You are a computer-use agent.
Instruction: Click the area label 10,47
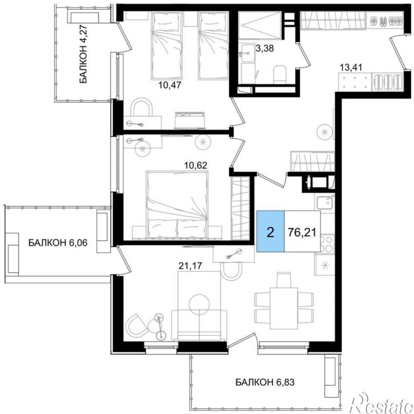point(170,85)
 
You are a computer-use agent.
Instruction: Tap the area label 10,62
point(196,166)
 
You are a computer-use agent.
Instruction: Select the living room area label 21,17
point(190,266)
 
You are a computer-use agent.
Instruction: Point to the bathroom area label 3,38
point(265,49)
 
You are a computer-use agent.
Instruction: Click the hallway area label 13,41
point(351,67)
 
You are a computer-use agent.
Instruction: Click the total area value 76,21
point(302,232)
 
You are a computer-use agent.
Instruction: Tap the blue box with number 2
point(270,231)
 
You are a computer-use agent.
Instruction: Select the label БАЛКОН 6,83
point(264,382)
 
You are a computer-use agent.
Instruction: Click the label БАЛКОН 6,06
point(58,243)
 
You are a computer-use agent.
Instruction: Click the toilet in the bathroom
point(279,74)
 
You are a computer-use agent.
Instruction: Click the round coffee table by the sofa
point(199,305)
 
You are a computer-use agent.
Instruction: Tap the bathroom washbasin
point(247,53)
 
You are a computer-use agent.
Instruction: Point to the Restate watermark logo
point(381,404)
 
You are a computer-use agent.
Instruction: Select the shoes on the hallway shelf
point(385,21)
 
